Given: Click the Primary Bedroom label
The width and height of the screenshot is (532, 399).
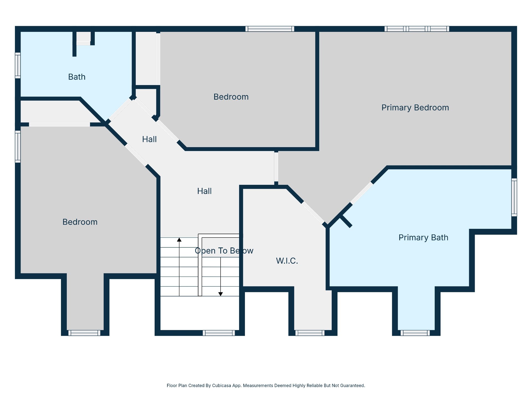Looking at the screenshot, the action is tap(415, 108).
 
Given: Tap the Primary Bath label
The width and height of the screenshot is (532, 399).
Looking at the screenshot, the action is tap(423, 237).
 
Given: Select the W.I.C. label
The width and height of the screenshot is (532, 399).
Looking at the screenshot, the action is tap(287, 261).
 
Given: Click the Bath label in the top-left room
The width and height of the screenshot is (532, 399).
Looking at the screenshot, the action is tap(77, 77).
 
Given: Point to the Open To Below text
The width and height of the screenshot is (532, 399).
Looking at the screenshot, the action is tap(224, 251).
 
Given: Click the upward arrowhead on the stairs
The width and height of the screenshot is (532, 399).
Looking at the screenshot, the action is tap(179, 240).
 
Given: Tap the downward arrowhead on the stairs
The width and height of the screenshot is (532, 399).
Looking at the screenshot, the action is tap(221, 294).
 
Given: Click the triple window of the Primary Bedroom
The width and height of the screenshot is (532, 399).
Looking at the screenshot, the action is tap(417, 29).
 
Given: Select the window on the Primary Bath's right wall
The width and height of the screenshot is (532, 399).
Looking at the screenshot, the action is tap(514, 197).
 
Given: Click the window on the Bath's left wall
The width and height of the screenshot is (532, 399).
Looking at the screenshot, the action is tap(18, 65).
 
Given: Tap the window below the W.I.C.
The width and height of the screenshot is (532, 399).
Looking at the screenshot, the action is tap(310, 333).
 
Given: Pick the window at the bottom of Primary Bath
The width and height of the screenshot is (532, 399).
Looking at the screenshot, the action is tap(415, 333).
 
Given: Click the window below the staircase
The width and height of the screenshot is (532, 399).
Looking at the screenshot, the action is tap(219, 333).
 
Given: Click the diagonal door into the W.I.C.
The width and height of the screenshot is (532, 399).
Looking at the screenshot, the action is tap(313, 213).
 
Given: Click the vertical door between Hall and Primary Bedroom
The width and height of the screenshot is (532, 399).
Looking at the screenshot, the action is tap(276, 167).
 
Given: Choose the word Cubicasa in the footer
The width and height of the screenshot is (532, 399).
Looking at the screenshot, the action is tap(221, 385).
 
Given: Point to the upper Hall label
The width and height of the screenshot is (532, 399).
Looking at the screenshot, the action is tap(149, 139).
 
